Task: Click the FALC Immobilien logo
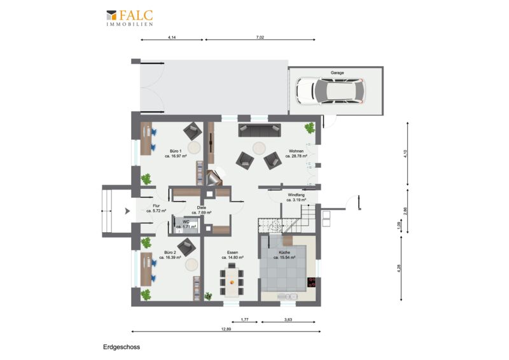click(x=130, y=18)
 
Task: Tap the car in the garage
click(x=331, y=91)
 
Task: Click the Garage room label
click(x=337, y=73)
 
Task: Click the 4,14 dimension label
click(x=172, y=38)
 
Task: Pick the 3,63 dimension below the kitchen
click(x=288, y=320)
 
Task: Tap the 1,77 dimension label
click(x=244, y=320)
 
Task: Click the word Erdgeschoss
click(x=122, y=347)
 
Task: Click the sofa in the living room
click(x=260, y=130)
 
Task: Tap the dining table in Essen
click(x=232, y=280)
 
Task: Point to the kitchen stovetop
click(x=312, y=282)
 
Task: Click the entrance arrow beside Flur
click(x=128, y=211)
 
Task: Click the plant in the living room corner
click(x=309, y=128)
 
